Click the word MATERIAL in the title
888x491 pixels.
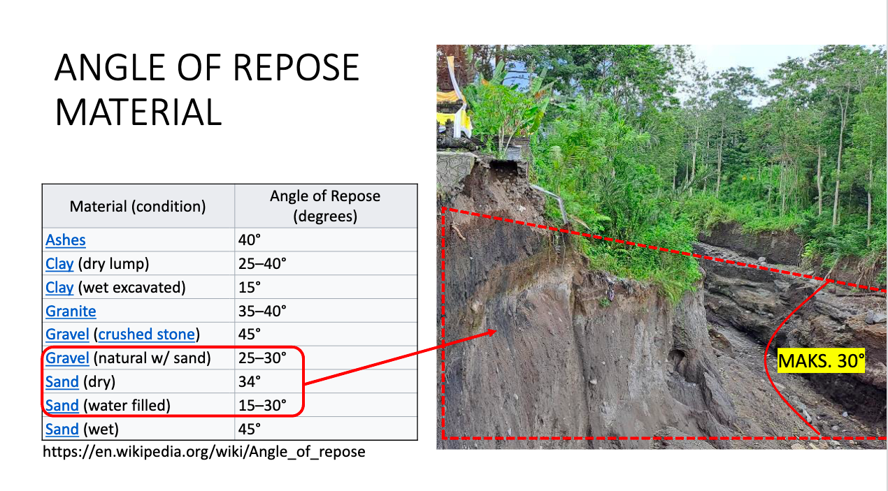(x=138, y=112)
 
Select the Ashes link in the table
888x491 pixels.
(x=66, y=240)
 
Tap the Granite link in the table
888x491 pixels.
(x=71, y=312)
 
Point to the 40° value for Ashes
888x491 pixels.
(x=249, y=240)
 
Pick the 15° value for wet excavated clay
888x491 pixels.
(x=249, y=288)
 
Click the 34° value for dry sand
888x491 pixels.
(x=249, y=382)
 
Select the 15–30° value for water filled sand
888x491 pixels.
(x=262, y=406)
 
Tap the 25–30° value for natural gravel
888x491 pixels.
(x=262, y=359)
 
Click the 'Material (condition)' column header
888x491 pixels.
(x=138, y=207)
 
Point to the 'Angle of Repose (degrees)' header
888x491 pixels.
(x=325, y=206)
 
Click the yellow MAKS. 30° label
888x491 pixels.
(x=822, y=362)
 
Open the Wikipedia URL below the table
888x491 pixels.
(x=204, y=452)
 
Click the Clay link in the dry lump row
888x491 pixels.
(x=59, y=264)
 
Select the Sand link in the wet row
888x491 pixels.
(x=62, y=429)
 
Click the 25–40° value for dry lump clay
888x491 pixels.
(x=262, y=264)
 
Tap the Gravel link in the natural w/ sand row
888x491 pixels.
(x=67, y=359)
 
